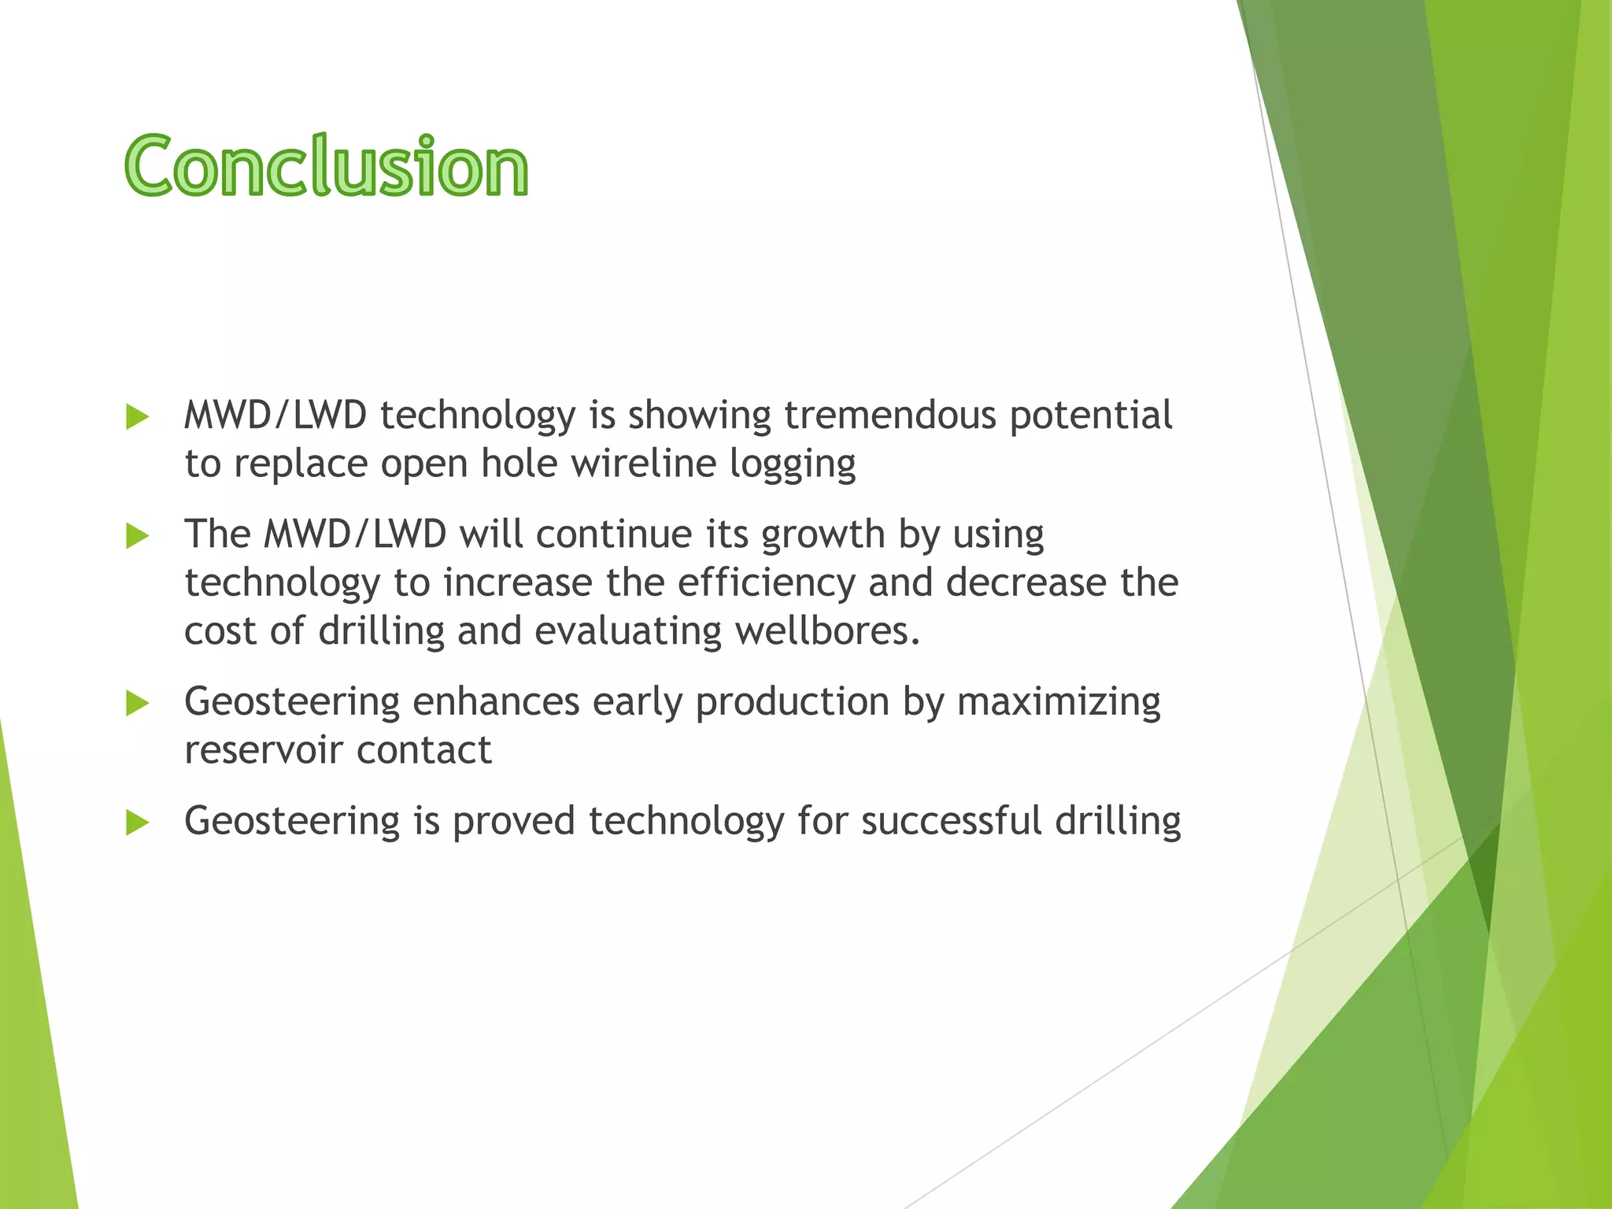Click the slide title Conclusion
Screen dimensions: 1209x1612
point(326,166)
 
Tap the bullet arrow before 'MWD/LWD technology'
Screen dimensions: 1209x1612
point(137,417)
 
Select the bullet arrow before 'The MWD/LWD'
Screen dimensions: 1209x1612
point(137,537)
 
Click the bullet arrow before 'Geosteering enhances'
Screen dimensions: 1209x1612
point(137,704)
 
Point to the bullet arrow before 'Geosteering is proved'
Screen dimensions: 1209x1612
point(137,823)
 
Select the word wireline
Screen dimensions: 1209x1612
point(643,464)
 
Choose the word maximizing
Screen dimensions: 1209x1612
point(1059,703)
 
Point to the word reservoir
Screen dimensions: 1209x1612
point(264,750)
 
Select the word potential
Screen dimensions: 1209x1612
point(1091,416)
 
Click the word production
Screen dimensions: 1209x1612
point(792,703)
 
